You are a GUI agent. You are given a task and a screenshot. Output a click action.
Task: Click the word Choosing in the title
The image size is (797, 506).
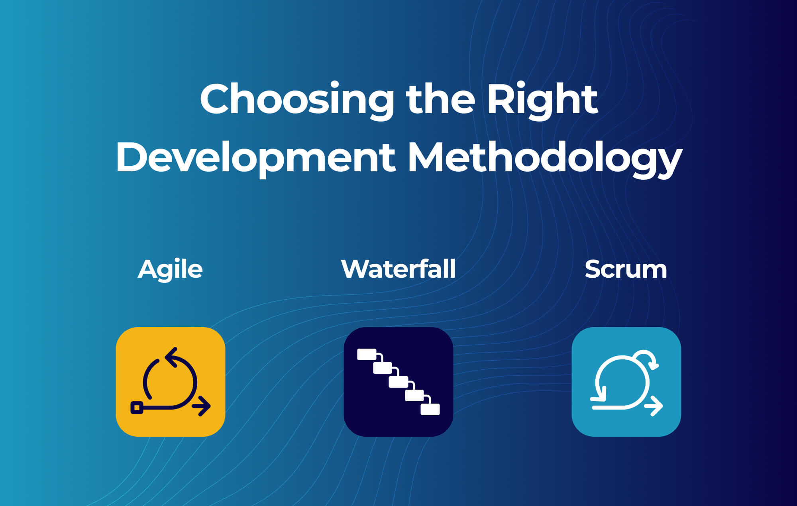(x=297, y=100)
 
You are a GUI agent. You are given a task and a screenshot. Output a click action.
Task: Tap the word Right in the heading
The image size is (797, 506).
(x=542, y=100)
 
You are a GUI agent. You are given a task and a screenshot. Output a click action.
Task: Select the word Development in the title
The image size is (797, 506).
(x=255, y=158)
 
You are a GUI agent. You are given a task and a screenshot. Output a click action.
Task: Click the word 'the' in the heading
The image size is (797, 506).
(x=440, y=100)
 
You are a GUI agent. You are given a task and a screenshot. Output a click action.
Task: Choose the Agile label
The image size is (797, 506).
(x=170, y=269)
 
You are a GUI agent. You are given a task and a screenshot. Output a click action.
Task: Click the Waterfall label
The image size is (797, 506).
(x=398, y=269)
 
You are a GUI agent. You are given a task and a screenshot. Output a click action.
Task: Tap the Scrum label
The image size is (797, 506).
(x=626, y=269)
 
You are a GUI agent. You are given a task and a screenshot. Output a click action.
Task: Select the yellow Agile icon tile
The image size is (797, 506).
(x=171, y=382)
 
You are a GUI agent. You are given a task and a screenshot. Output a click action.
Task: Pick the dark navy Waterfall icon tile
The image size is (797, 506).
(x=398, y=382)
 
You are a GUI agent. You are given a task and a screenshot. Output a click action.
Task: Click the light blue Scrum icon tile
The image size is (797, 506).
(x=626, y=382)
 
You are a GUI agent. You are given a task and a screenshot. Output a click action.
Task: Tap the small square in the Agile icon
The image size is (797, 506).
(x=137, y=408)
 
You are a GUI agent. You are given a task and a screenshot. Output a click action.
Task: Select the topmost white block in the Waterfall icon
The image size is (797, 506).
(x=367, y=354)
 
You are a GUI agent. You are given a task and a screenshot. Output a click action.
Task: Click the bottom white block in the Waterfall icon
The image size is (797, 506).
(x=430, y=409)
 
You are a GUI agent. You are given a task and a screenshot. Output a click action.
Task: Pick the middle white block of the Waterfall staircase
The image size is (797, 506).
(x=398, y=382)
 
